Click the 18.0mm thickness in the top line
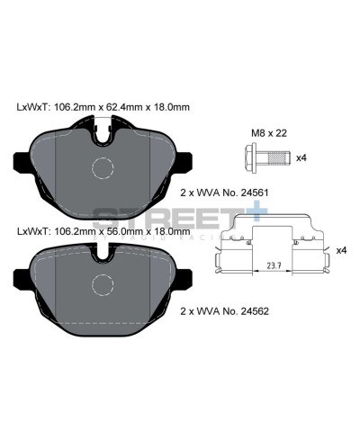click(x=170, y=107)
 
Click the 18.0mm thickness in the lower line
click(x=170, y=232)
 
